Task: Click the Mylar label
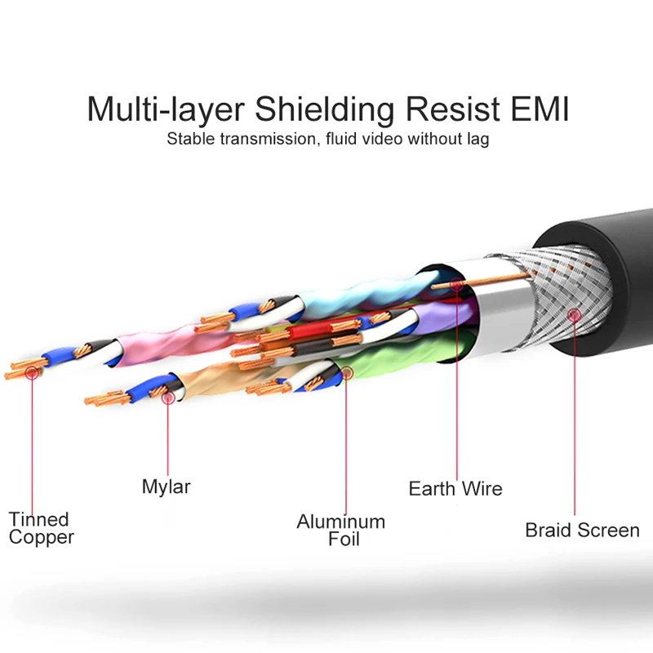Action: click(x=166, y=487)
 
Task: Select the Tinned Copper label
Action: click(x=41, y=528)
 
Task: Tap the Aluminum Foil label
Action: click(x=340, y=530)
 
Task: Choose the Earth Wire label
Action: click(x=455, y=489)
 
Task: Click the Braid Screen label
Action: click(x=582, y=531)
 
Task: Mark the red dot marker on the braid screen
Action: click(x=575, y=314)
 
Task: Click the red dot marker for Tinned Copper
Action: click(x=32, y=373)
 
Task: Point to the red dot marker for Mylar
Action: click(x=167, y=398)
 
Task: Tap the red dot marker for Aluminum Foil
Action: click(x=346, y=375)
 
